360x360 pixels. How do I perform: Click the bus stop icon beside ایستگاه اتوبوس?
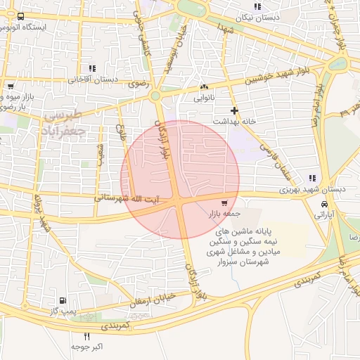(x=20, y=16)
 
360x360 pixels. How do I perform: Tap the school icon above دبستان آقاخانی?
(x=92, y=68)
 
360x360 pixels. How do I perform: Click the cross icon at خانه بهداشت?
(x=234, y=110)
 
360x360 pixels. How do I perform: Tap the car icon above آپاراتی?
(x=324, y=204)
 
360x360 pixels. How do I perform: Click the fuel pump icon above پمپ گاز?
(x=65, y=300)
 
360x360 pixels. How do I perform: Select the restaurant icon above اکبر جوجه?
(x=87, y=337)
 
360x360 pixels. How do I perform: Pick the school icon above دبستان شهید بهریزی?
(x=312, y=179)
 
